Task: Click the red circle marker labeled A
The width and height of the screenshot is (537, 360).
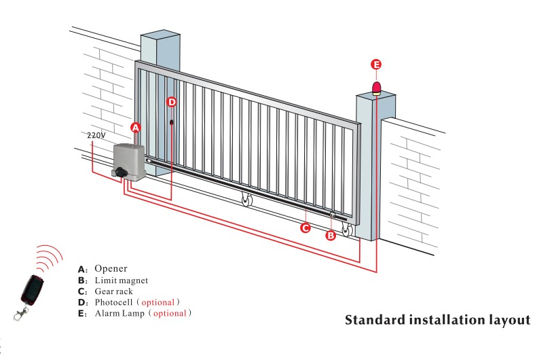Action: pyautogui.click(x=135, y=128)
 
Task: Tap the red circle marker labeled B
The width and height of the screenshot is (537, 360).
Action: pyautogui.click(x=331, y=236)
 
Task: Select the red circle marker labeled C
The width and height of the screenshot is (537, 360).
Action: pyautogui.click(x=305, y=228)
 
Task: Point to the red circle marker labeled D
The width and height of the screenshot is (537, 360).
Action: pyautogui.click(x=172, y=102)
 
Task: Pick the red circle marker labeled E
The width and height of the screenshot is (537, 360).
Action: pyautogui.click(x=377, y=65)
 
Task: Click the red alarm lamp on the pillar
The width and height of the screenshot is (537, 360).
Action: pyautogui.click(x=376, y=88)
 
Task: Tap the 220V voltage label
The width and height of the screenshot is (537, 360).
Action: pyautogui.click(x=97, y=135)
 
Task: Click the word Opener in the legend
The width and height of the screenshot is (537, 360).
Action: pyautogui.click(x=111, y=268)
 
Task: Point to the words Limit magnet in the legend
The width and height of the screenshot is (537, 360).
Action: pyautogui.click(x=121, y=280)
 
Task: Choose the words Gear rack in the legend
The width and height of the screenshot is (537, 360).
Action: pyautogui.click(x=115, y=291)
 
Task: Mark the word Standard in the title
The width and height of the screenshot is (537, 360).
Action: pyautogui.click(x=375, y=320)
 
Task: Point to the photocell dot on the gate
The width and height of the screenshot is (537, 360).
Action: pyautogui.click(x=172, y=123)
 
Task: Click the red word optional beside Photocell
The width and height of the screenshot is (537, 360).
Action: pyautogui.click(x=158, y=302)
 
